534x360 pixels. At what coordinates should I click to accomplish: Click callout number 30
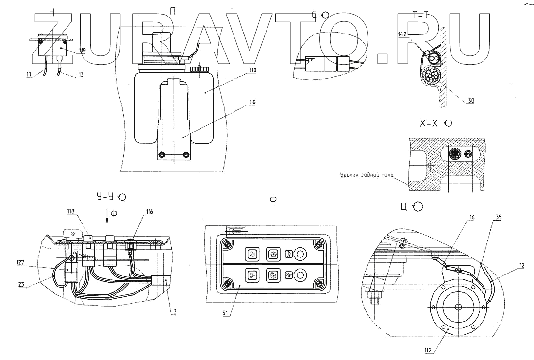(x=471, y=101)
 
